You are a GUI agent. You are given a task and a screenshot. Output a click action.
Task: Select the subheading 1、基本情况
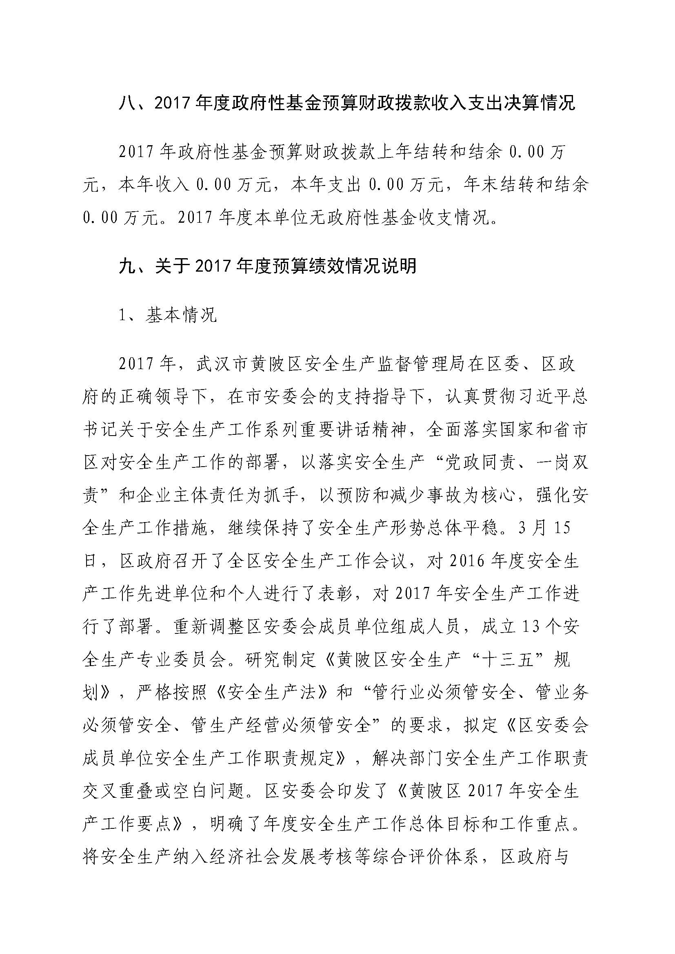[168, 316]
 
